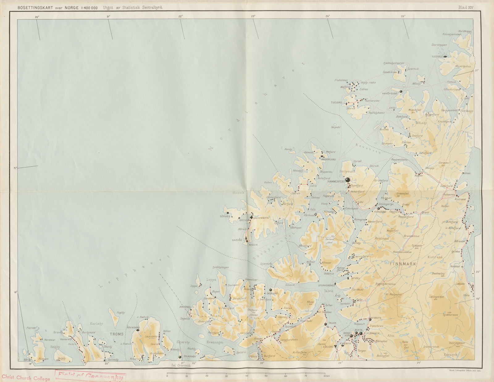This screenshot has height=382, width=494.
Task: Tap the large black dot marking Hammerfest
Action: (348, 179)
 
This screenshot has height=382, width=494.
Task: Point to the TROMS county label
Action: (117, 334)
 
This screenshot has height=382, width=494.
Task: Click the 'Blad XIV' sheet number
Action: (466, 7)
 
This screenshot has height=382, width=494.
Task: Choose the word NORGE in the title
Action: (71, 8)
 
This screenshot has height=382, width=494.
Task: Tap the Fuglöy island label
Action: (121, 313)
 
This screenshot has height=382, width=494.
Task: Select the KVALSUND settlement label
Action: (380, 212)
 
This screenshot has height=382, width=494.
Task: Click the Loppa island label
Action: (211, 279)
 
